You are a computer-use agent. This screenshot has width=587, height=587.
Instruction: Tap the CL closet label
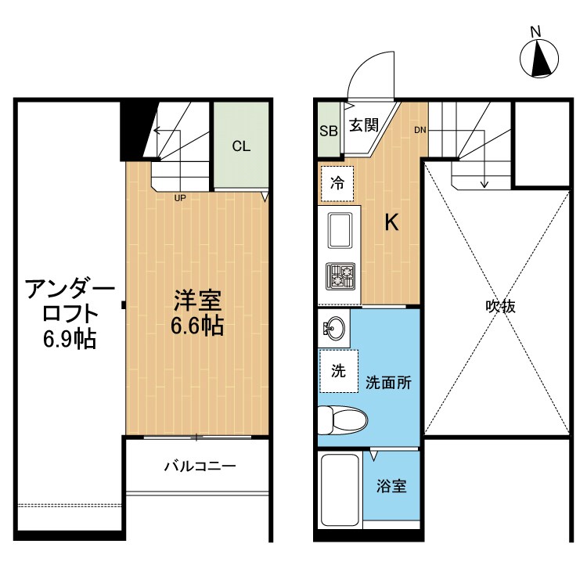coord(241,146)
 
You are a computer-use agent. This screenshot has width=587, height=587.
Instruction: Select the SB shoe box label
coord(329,131)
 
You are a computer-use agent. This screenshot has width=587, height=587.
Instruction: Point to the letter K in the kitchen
coord(391,223)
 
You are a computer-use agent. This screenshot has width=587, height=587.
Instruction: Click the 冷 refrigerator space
coord(337,185)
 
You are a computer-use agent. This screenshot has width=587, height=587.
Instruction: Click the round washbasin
coord(334,327)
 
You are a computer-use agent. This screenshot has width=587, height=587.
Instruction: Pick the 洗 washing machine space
coord(338,372)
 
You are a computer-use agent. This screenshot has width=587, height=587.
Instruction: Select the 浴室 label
coord(391,486)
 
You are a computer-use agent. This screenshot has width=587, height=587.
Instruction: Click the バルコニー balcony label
coord(200,467)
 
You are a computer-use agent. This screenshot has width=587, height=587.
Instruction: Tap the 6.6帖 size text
coord(197,326)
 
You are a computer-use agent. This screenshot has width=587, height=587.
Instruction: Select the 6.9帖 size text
coord(70,338)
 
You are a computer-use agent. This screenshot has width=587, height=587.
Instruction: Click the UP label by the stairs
coord(180,198)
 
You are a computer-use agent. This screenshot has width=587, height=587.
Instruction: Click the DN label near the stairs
coord(420,130)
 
